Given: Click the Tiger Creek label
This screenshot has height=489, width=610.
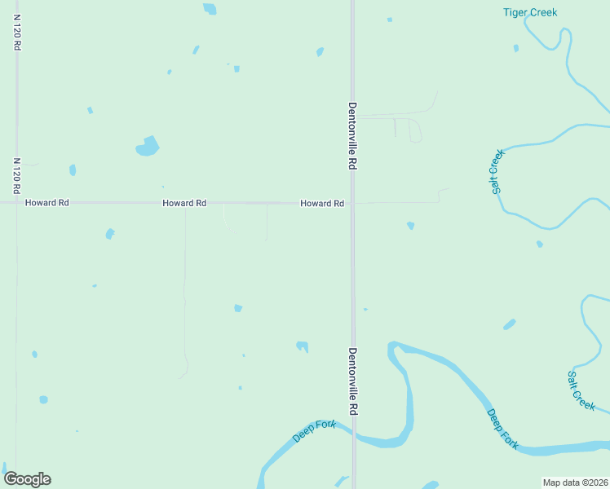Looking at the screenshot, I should click(529, 12).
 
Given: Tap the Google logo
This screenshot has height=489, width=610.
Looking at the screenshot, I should click(27, 479).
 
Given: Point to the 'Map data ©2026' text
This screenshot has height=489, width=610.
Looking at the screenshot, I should click(575, 482).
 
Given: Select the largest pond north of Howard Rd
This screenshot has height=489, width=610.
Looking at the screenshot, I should click(147, 147).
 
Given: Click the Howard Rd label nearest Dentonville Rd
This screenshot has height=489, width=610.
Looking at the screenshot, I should click(321, 203).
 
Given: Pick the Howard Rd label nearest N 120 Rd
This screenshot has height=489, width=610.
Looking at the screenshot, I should click(46, 203).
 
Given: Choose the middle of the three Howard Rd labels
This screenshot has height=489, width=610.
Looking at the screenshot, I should click(184, 203).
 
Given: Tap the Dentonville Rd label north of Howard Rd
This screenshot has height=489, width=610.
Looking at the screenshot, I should click(352, 135).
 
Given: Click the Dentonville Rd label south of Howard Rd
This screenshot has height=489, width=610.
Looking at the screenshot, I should click(352, 382).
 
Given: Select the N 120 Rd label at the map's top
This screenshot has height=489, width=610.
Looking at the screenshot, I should click(16, 33).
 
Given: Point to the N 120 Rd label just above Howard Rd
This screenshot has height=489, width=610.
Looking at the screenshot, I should click(16, 175).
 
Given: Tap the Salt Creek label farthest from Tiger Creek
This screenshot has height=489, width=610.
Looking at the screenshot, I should click(581, 390).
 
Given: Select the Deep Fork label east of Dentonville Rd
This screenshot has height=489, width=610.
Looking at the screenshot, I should click(502, 429).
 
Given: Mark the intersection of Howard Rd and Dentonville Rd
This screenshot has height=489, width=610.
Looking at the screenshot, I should click(352, 203).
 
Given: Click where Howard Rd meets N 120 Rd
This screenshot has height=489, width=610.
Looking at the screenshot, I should click(16, 203).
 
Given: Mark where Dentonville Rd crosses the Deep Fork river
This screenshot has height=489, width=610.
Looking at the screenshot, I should click(353, 439).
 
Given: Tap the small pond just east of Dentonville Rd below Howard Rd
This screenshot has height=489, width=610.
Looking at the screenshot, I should click(410, 225).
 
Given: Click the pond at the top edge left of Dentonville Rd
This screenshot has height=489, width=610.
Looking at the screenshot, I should click(210, 9).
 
